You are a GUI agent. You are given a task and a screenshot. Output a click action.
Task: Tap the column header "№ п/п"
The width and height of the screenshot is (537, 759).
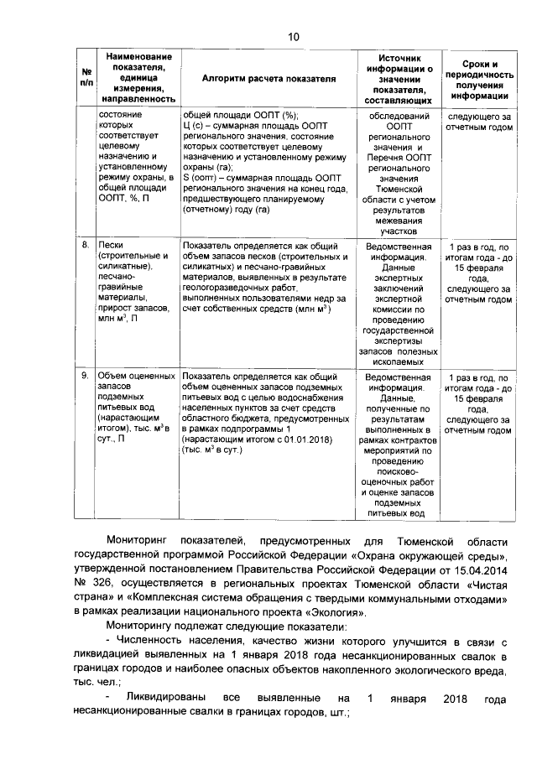[x=86, y=77]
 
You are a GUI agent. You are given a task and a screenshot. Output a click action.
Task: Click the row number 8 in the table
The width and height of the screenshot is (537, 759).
[x=85, y=247]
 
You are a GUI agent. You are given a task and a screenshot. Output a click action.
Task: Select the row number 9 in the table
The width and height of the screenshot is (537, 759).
[x=85, y=377]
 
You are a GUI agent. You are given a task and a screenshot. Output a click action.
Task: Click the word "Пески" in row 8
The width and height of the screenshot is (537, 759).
[x=111, y=247]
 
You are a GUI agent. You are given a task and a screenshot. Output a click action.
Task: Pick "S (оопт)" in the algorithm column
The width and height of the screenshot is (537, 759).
[x=201, y=176]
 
